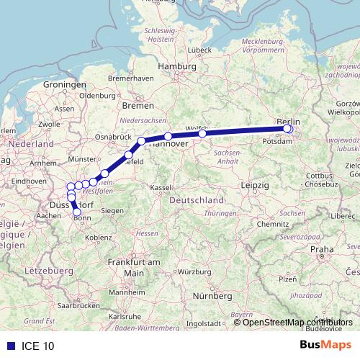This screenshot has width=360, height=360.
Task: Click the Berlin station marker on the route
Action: pyautogui.click(x=288, y=129)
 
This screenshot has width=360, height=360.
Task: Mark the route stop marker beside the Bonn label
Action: pyautogui.click(x=77, y=212)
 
